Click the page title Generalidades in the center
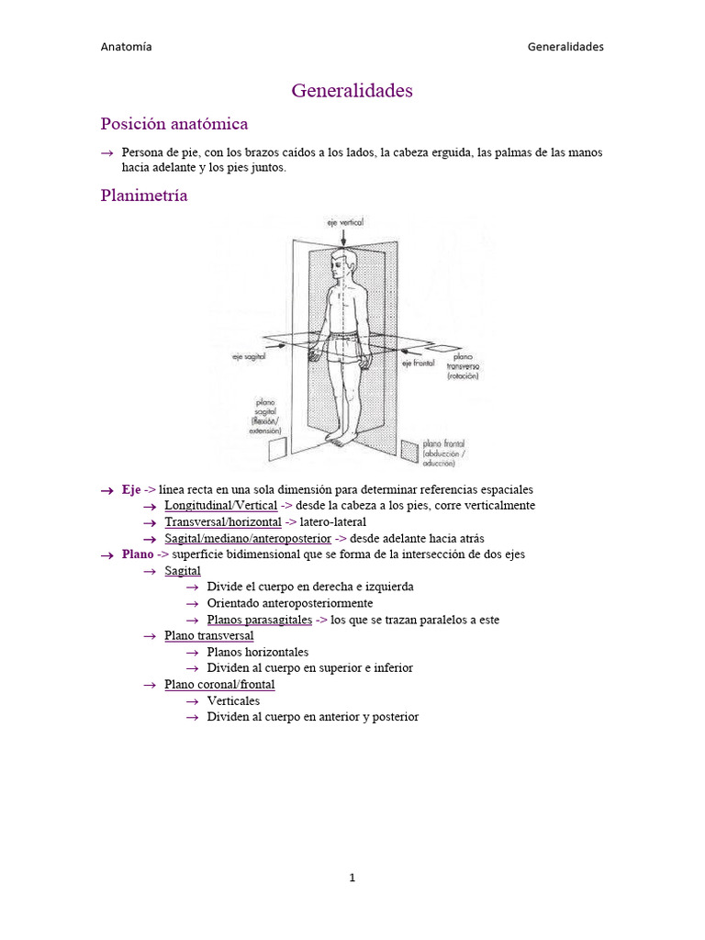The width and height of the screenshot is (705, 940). (352, 91)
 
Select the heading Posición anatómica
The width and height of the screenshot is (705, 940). (173, 124)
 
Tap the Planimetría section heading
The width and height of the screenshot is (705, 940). (143, 196)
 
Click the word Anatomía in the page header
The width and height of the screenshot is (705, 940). (126, 47)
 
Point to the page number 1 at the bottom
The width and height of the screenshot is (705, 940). (352, 878)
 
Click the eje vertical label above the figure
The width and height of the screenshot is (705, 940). (344, 222)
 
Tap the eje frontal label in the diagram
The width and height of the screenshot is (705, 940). (419, 364)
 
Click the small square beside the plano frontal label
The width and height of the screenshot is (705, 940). (409, 449)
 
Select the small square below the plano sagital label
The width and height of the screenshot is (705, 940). (276, 448)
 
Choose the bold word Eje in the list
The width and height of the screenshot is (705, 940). (131, 490)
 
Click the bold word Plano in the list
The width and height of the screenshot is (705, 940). (138, 554)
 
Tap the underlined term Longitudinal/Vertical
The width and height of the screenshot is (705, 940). (220, 506)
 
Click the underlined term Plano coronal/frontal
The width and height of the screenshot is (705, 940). (219, 684)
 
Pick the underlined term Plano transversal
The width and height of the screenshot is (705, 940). (209, 635)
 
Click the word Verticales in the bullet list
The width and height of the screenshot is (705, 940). (233, 700)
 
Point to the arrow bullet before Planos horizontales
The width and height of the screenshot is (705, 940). (192, 652)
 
